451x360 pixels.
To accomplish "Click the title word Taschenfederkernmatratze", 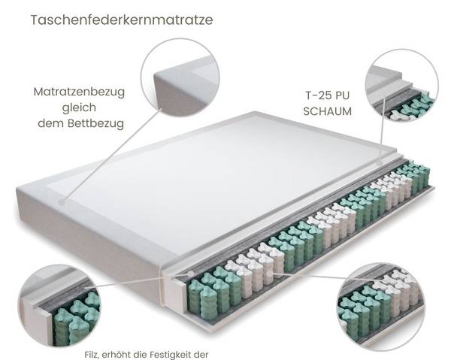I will click(x=121, y=20).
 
